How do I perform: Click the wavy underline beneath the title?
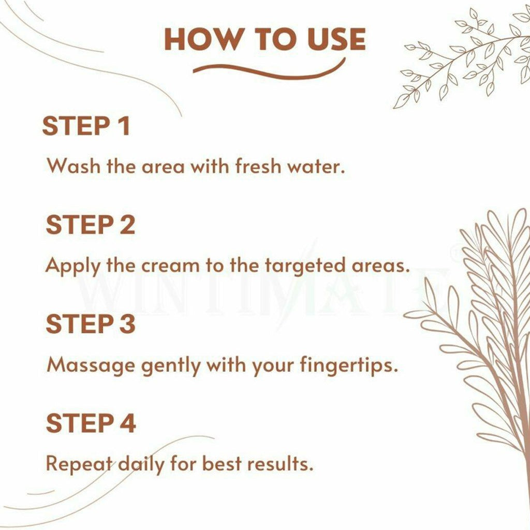click(269, 69)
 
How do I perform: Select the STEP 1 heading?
click(86, 126)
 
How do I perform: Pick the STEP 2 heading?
click(90, 225)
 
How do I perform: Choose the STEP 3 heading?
click(90, 323)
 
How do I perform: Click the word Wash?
click(73, 166)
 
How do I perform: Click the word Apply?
click(73, 266)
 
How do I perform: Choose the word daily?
click(142, 464)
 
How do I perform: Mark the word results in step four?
click(281, 463)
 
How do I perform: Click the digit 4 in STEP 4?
click(127, 423)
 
